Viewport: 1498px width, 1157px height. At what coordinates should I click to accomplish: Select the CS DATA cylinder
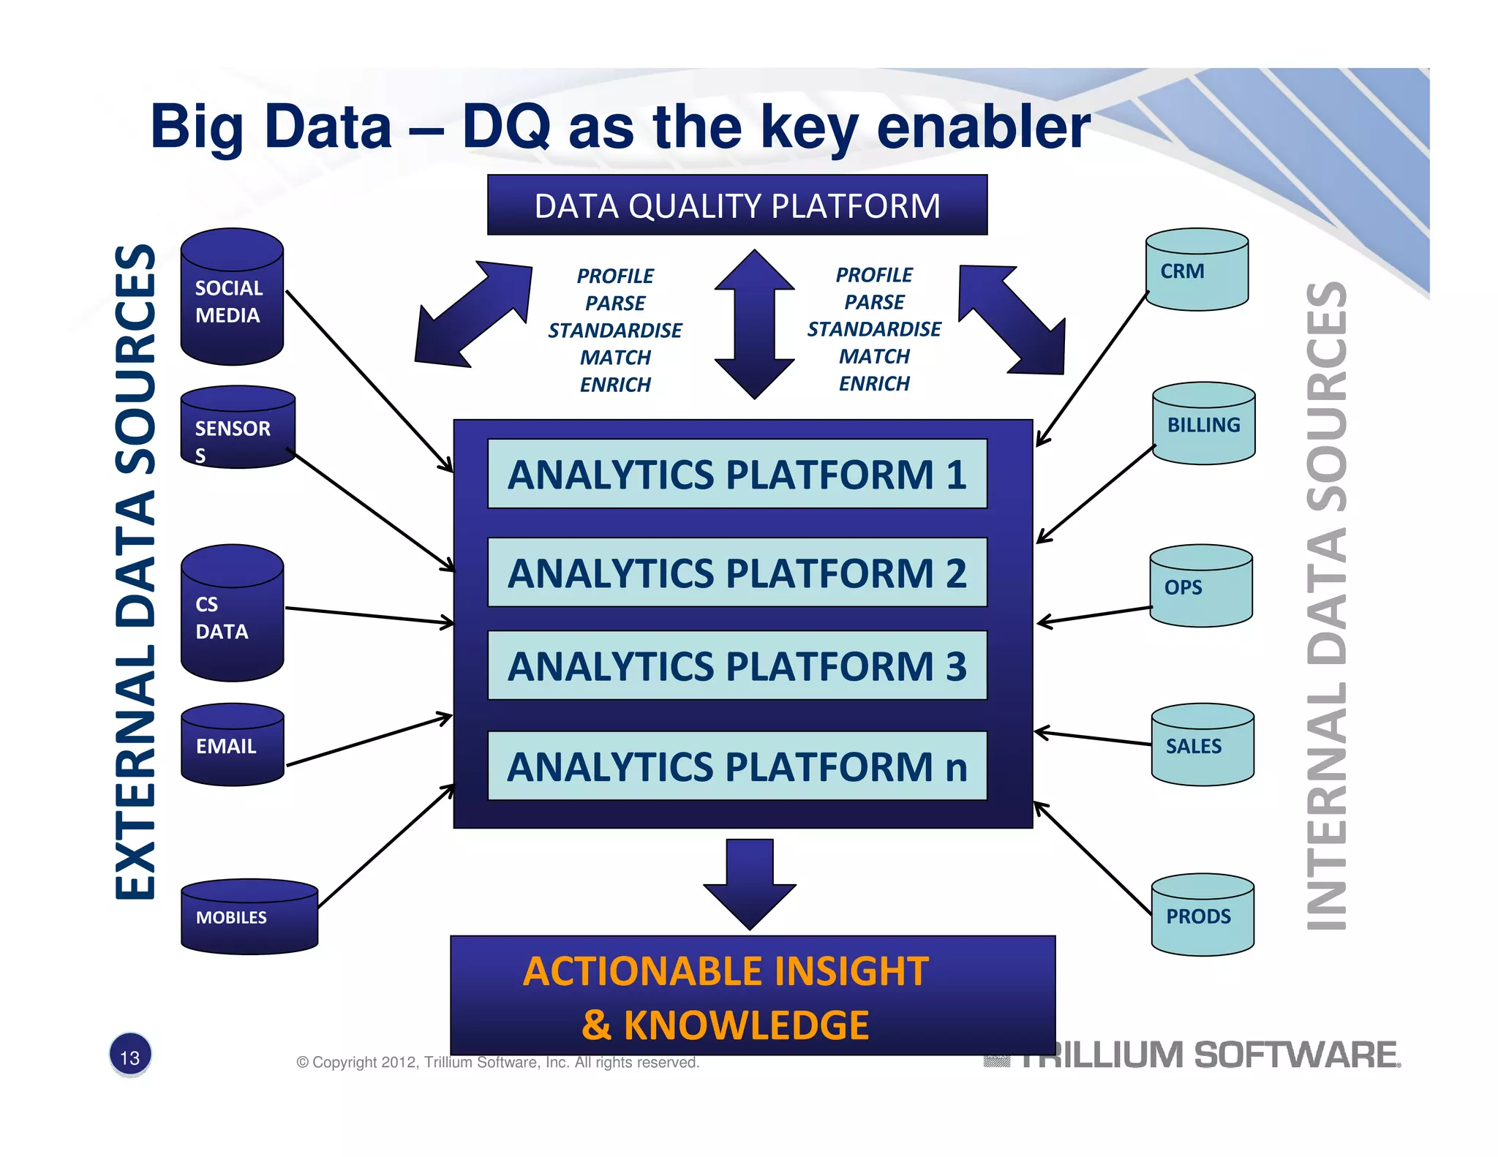(x=232, y=614)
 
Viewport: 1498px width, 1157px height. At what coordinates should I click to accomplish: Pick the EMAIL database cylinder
(x=233, y=746)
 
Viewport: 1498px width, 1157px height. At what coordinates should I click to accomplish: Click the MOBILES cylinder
(x=249, y=917)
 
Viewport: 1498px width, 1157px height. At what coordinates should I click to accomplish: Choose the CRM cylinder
(x=1197, y=271)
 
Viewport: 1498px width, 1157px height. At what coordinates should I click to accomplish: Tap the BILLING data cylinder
(x=1203, y=424)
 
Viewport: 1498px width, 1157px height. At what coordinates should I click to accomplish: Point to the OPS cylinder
(x=1200, y=587)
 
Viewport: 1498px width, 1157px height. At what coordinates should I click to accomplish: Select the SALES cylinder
(x=1202, y=746)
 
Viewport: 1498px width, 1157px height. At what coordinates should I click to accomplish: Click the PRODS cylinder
(x=1202, y=916)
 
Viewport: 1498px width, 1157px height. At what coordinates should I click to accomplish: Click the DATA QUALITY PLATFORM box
(x=737, y=206)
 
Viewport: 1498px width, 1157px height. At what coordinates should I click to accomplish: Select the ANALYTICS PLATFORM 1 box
(x=737, y=474)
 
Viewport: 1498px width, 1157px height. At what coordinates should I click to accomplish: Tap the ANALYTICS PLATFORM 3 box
(x=737, y=666)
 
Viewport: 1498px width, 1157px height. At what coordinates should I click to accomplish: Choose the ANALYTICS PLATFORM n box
(x=737, y=766)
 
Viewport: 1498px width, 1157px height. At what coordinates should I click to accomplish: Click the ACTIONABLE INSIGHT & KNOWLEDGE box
(x=752, y=996)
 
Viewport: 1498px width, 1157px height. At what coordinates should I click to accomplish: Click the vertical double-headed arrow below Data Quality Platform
(x=754, y=325)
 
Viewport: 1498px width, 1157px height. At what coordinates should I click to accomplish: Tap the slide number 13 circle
(x=130, y=1056)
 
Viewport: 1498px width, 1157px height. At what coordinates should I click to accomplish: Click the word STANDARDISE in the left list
(x=614, y=331)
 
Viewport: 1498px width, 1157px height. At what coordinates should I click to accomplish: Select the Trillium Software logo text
(x=1207, y=1055)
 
